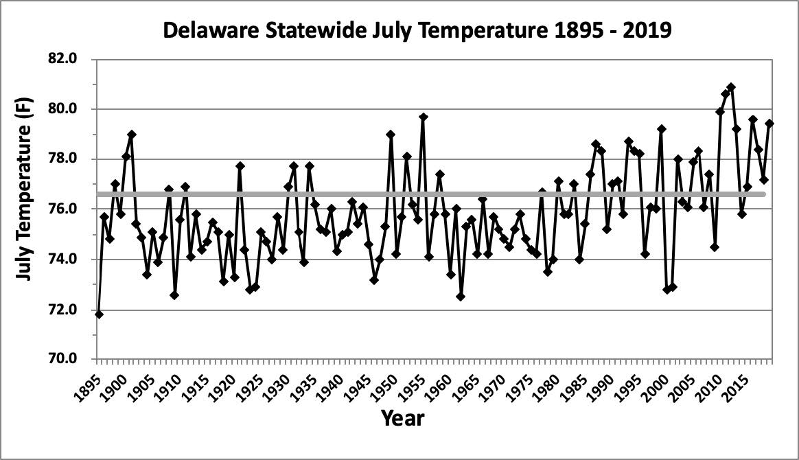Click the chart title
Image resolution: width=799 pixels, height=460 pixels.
pyautogui.click(x=416, y=32)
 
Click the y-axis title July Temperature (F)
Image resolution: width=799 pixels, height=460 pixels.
pyautogui.click(x=25, y=207)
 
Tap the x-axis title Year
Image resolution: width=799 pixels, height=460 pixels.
pyautogui.click(x=402, y=418)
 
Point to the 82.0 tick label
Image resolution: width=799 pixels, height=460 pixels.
pyautogui.click(x=71, y=59)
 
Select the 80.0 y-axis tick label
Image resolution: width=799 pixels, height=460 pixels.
pyautogui.click(x=71, y=109)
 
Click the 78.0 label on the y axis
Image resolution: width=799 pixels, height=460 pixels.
pyautogui.click(x=71, y=159)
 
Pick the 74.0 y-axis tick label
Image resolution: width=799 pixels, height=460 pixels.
pyautogui.click(x=71, y=260)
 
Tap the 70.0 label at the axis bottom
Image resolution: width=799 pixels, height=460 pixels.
pyautogui.click(x=71, y=359)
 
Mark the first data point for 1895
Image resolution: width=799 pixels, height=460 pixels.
pyautogui.click(x=99, y=314)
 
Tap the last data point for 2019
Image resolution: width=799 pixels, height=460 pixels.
pyautogui.click(x=769, y=124)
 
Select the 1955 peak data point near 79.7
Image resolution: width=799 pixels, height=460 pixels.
pyautogui.click(x=424, y=117)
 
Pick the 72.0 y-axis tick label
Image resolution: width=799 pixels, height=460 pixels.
pyautogui.click(x=71, y=310)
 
